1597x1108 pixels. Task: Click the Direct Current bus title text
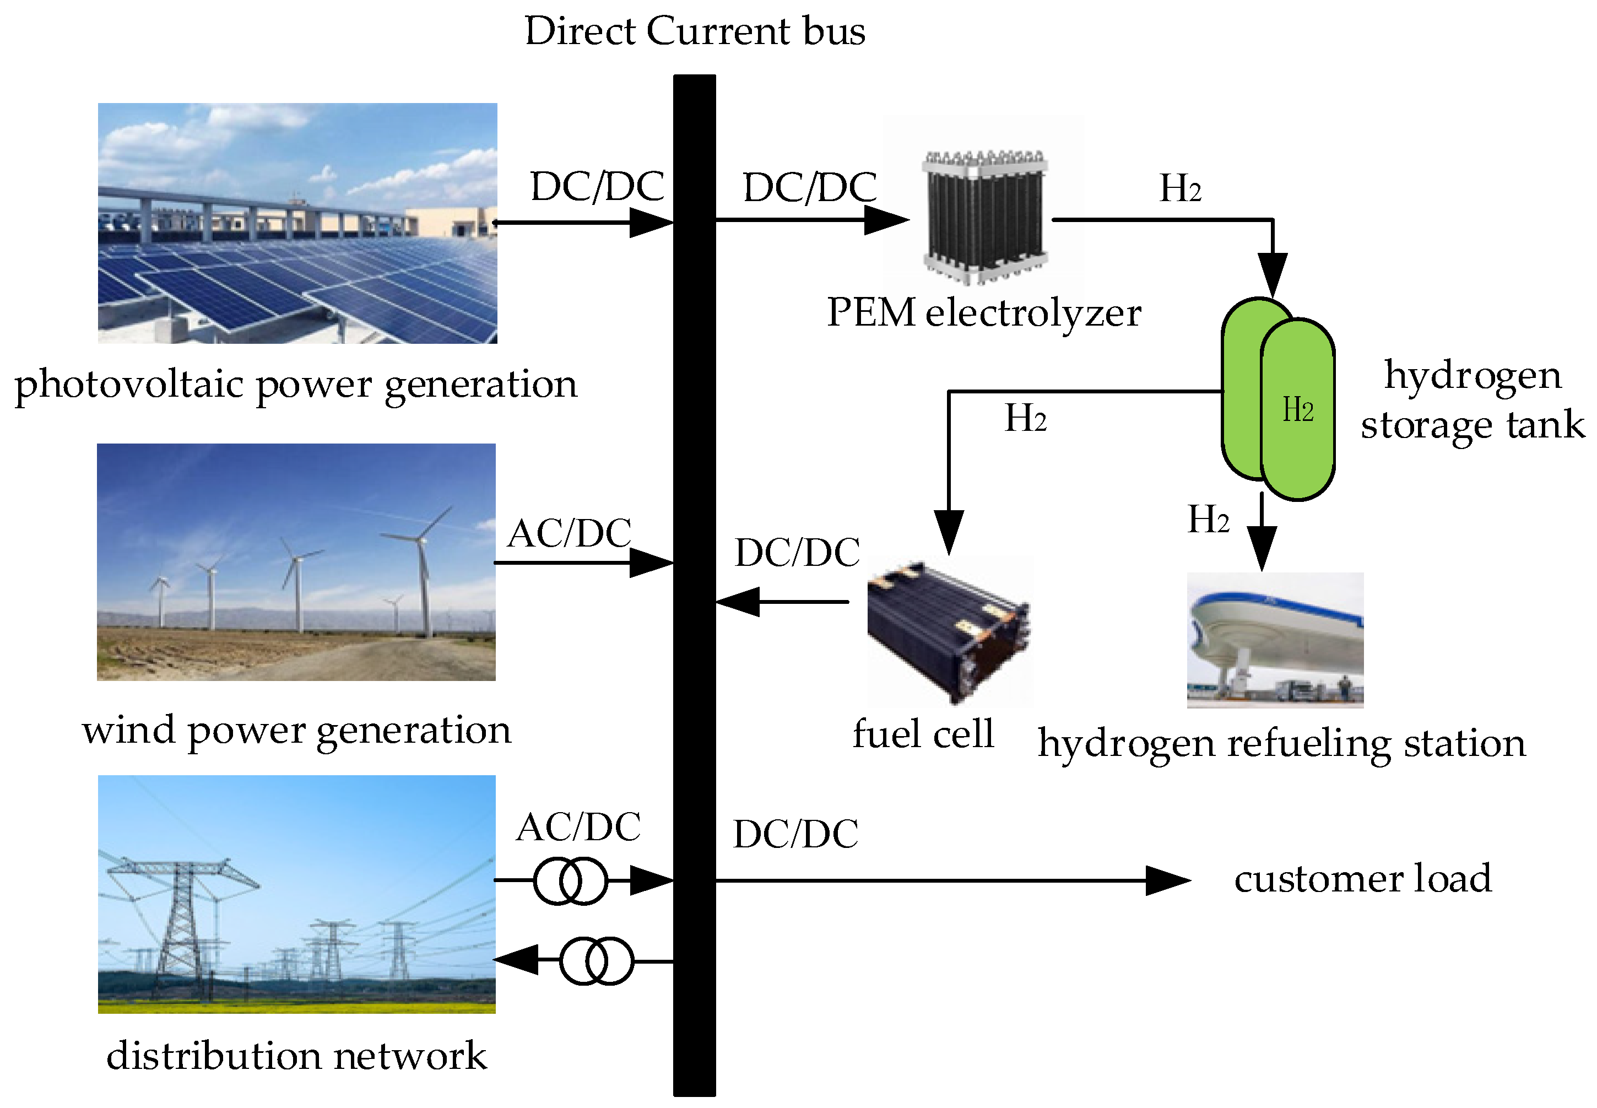(x=694, y=31)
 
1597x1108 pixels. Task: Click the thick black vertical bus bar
(x=694, y=583)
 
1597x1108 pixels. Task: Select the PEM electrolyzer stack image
(x=984, y=217)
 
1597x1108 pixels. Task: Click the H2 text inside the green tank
(x=1297, y=409)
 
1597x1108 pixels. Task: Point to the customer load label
(x=1362, y=878)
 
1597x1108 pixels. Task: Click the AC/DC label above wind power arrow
(x=569, y=533)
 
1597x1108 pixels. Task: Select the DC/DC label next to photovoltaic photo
(x=597, y=186)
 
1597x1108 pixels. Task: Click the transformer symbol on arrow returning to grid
(x=596, y=961)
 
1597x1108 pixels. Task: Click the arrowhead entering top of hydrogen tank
(x=1272, y=275)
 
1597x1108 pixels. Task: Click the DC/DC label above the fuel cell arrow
(x=797, y=553)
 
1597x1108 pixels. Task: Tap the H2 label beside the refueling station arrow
(x=1208, y=519)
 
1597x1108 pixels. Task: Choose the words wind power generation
(x=296, y=731)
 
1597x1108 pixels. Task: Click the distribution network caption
(x=296, y=1056)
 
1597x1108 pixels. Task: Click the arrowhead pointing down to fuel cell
(x=948, y=532)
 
